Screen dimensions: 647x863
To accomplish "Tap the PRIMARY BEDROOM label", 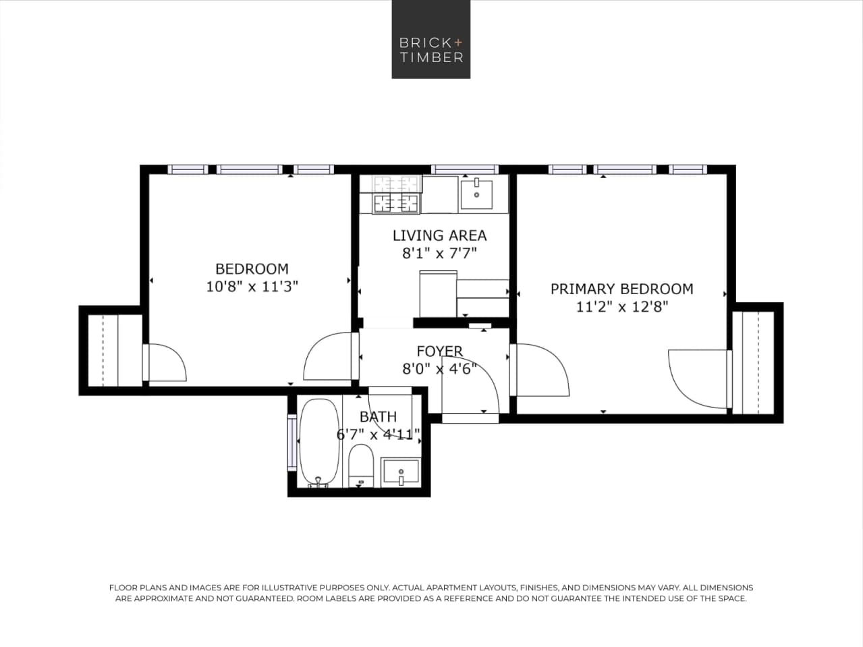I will pyautogui.click(x=621, y=289).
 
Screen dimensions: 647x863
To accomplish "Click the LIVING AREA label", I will pyautogui.click(x=439, y=235).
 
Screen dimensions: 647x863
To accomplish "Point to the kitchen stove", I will pyautogui.click(x=397, y=194).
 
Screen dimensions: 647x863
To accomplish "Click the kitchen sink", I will pyautogui.click(x=476, y=194).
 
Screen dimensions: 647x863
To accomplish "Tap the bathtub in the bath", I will pyautogui.click(x=314, y=443).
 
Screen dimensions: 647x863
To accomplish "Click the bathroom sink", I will pyautogui.click(x=400, y=472).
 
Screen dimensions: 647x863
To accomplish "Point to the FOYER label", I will pyautogui.click(x=439, y=351).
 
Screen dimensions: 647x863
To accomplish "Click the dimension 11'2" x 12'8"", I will pyautogui.click(x=621, y=307).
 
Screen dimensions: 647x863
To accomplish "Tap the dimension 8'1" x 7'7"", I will pyautogui.click(x=439, y=254).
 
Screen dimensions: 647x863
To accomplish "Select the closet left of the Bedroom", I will pyautogui.click(x=111, y=349).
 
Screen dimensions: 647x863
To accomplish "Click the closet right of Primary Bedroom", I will pyautogui.click(x=756, y=362).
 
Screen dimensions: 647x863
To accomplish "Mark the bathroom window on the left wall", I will pyautogui.click(x=292, y=443).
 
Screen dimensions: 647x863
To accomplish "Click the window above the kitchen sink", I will pyautogui.click(x=464, y=169).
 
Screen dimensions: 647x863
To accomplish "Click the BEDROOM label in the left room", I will pyautogui.click(x=252, y=269).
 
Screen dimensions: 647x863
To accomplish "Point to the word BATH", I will pyautogui.click(x=378, y=417).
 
